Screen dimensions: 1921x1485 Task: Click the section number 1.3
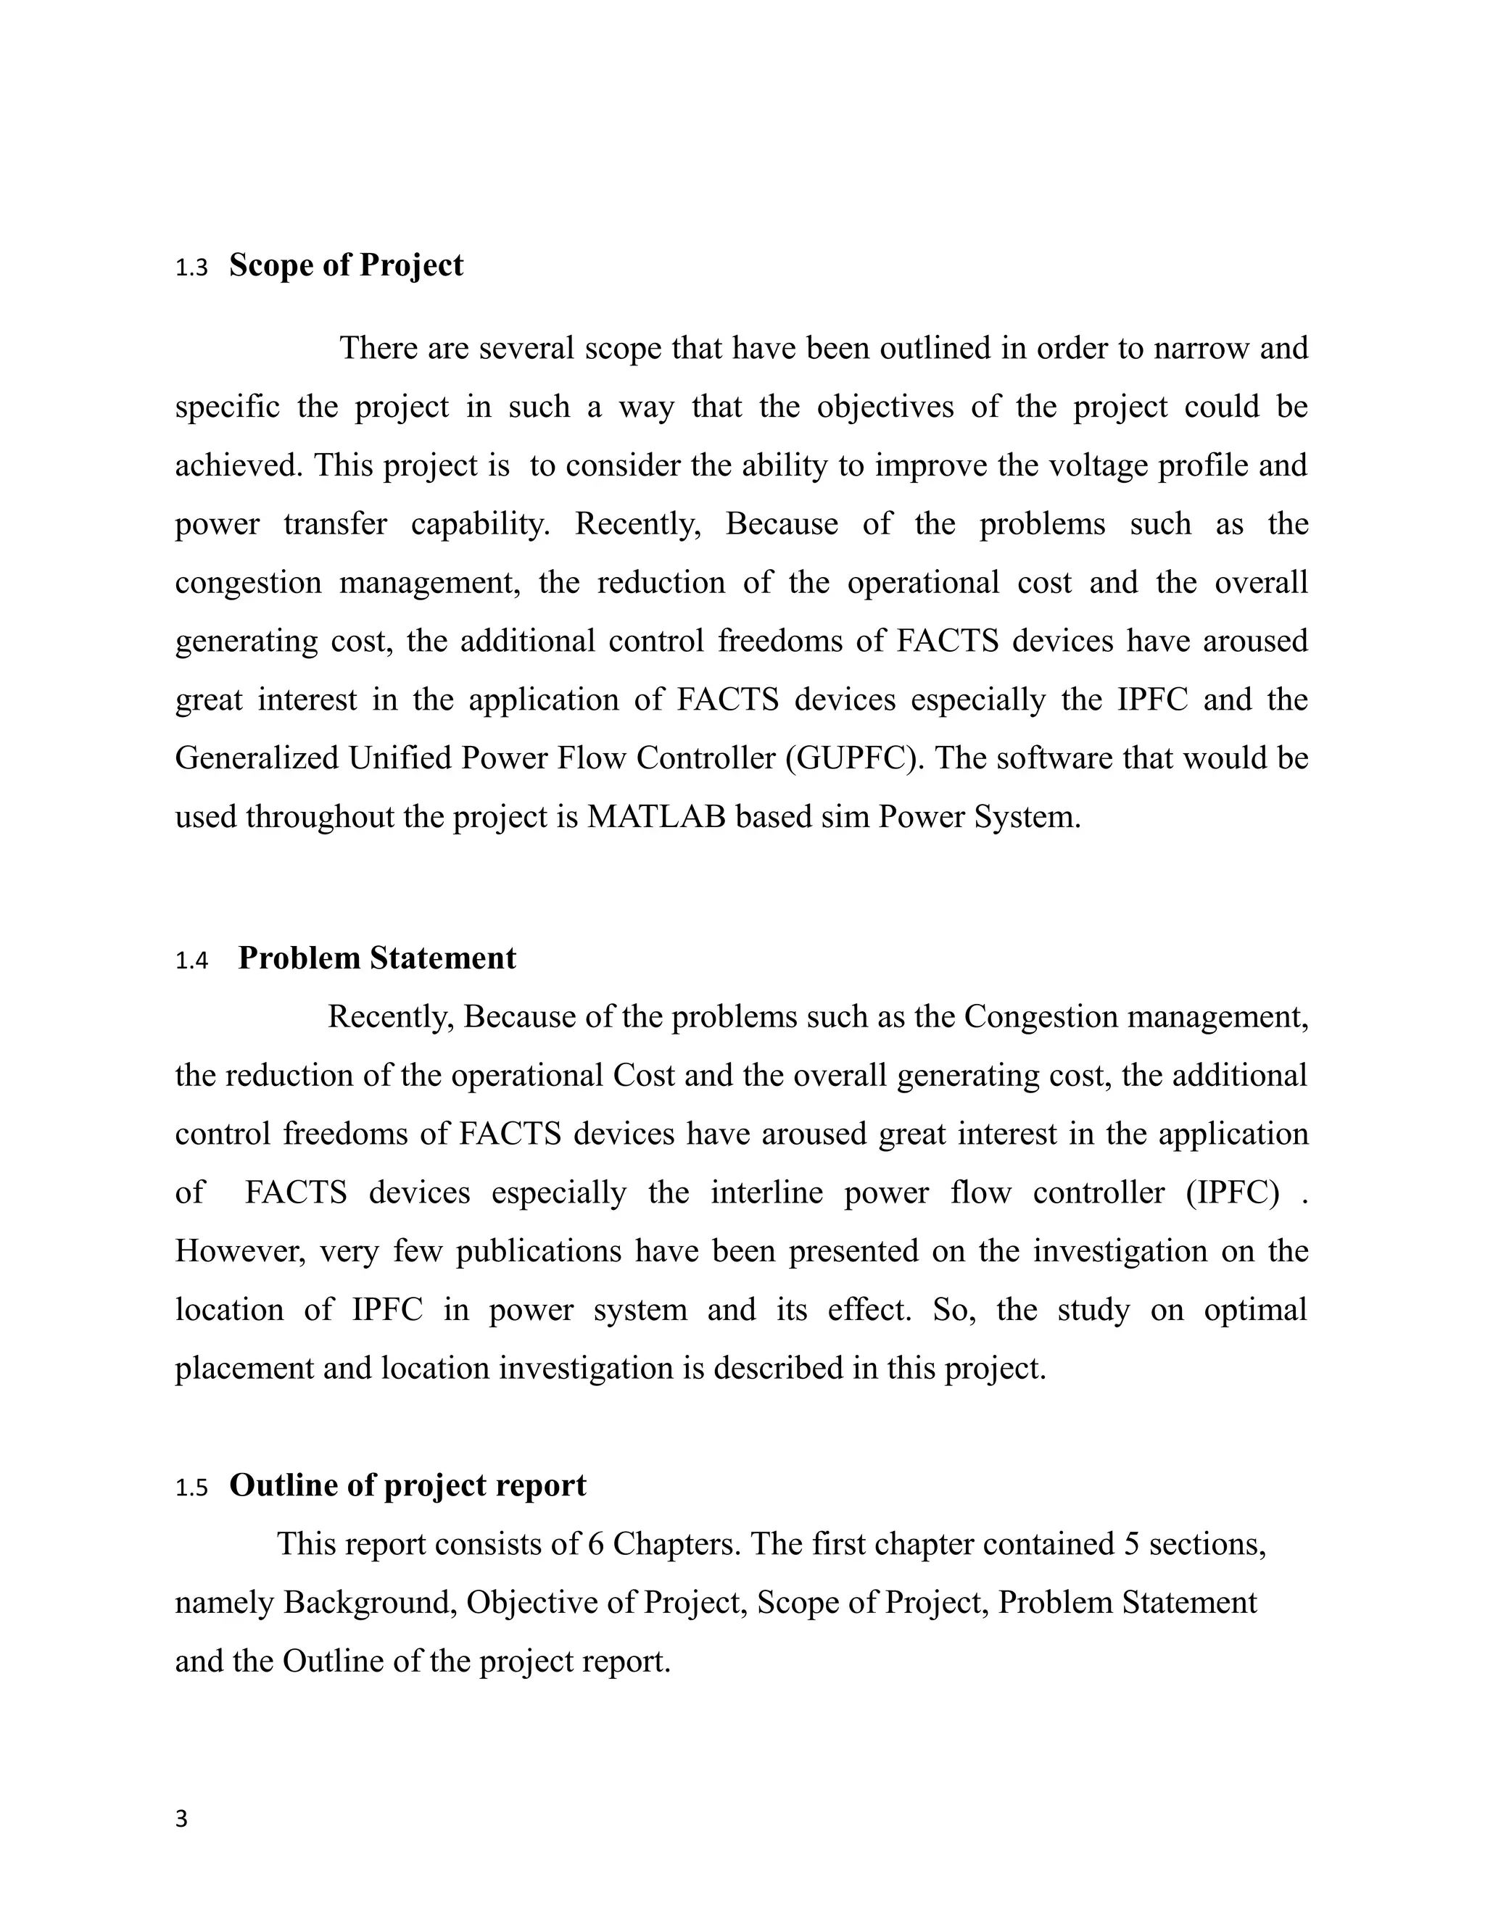(191, 268)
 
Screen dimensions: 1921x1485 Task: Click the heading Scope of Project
(346, 265)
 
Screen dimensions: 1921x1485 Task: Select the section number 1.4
(191, 960)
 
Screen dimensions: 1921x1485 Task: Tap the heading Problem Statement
(376, 958)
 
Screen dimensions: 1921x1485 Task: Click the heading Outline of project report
(408, 1485)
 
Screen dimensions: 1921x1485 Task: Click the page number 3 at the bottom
(181, 1819)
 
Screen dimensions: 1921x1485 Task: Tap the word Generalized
(257, 758)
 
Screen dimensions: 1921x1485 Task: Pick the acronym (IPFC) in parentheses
(1232, 1192)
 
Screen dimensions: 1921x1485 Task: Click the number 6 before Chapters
(595, 1543)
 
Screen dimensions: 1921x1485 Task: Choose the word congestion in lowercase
(248, 582)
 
